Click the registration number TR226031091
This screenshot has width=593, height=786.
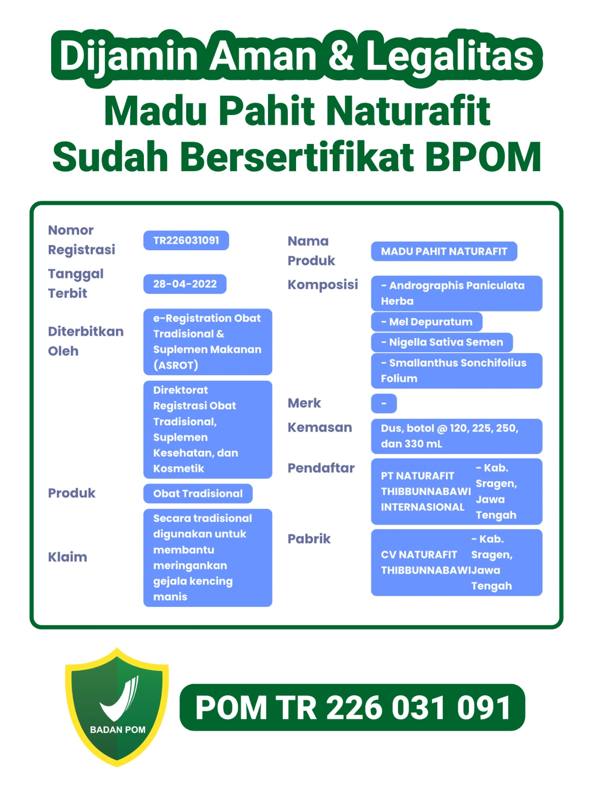point(186,241)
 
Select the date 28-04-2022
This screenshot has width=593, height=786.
point(185,284)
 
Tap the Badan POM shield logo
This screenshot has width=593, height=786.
point(117,707)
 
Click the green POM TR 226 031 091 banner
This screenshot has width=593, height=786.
point(352,707)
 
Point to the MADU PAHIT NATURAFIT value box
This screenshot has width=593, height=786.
point(444,252)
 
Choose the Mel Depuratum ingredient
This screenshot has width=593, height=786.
point(426,322)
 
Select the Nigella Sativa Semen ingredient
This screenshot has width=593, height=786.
point(441,342)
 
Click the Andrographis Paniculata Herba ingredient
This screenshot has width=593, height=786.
point(456,293)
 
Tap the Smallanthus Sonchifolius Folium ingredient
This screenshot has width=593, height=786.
point(456,371)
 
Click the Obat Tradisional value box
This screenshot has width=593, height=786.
point(198,493)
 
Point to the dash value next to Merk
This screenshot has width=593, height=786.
point(383,403)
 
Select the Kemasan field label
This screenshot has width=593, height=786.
point(319,427)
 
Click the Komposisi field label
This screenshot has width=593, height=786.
point(322,284)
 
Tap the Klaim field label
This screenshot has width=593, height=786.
point(68,557)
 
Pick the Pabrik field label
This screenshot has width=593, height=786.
point(309,539)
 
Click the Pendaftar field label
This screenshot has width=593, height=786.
point(321,468)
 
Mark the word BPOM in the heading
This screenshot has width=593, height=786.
point(483,156)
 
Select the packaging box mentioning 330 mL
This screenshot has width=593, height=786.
point(456,436)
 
